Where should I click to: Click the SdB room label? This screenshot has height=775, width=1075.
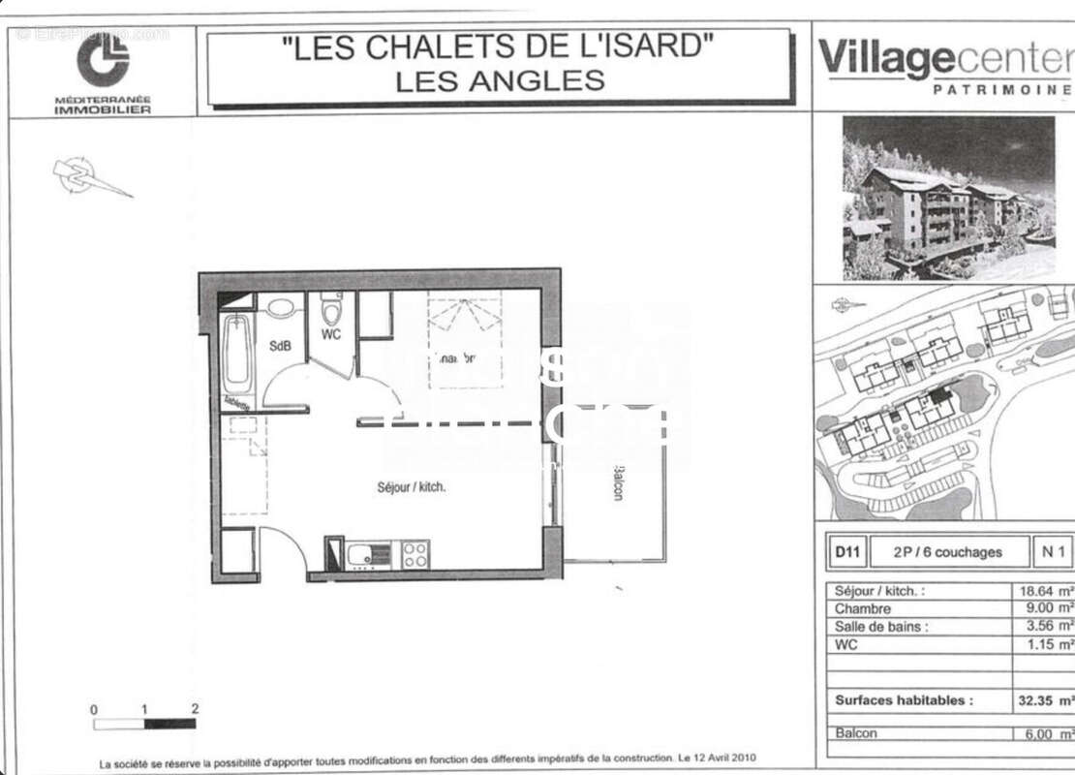coord(280,346)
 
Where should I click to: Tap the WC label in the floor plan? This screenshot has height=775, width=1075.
coord(331,335)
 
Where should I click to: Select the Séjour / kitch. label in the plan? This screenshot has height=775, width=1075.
coord(412,487)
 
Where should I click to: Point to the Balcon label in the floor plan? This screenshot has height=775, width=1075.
coord(617,481)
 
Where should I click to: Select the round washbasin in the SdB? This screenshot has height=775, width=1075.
coord(281,309)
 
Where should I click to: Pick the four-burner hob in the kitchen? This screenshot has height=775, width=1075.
coord(415,554)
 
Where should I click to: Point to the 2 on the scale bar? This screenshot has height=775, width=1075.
coord(195,709)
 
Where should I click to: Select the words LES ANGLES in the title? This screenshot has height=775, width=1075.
coord(500,80)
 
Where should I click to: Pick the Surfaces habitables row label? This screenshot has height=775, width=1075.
coord(904,699)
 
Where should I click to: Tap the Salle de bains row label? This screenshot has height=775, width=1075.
coord(881,627)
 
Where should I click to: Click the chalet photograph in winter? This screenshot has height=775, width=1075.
coord(948,199)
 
